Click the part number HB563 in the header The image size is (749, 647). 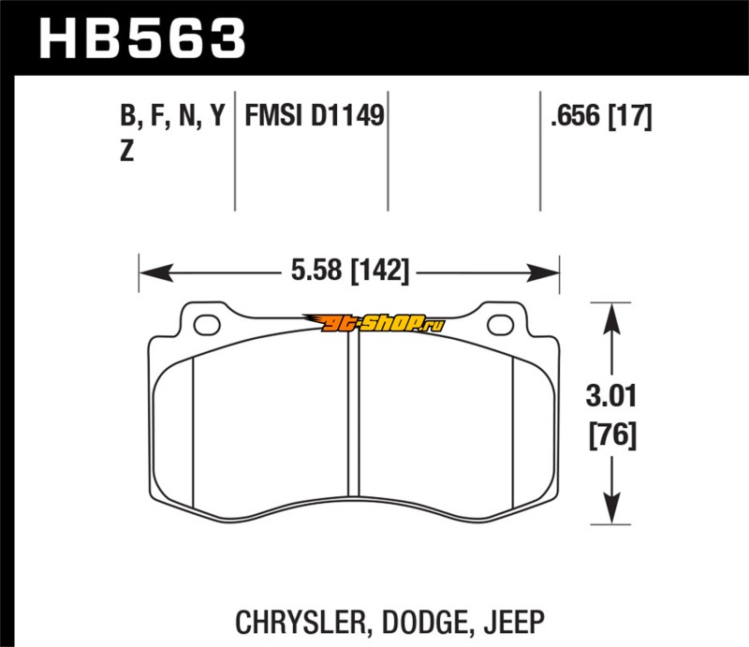tap(142, 38)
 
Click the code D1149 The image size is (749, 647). tap(347, 115)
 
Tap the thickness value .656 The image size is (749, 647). tap(575, 116)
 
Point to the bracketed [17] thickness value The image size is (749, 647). tap(629, 117)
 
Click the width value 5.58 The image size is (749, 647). tap(316, 270)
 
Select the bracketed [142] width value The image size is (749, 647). tap(380, 271)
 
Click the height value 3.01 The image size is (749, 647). tap(611, 397)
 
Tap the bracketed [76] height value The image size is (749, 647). tap(613, 434)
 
